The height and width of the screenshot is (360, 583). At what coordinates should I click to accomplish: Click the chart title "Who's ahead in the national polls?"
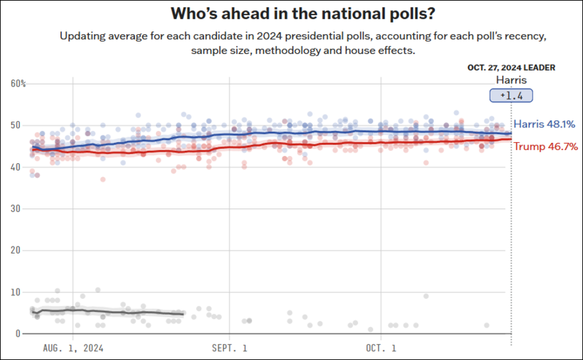[x=291, y=14]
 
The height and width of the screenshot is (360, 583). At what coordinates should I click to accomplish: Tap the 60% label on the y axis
[x=17, y=84]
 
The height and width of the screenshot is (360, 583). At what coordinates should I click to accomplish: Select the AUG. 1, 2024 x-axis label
[x=74, y=348]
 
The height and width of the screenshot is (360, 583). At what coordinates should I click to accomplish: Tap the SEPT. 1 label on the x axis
[x=230, y=348]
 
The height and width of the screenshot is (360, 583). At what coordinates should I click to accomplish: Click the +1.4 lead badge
[x=511, y=95]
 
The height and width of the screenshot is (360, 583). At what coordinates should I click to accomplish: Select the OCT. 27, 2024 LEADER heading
[x=511, y=67]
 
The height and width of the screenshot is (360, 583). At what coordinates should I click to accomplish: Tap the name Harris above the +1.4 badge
[x=511, y=79]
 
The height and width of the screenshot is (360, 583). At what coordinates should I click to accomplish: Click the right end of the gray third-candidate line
[x=183, y=314]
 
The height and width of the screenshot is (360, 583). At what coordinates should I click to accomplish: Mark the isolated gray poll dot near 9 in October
[x=426, y=296]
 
